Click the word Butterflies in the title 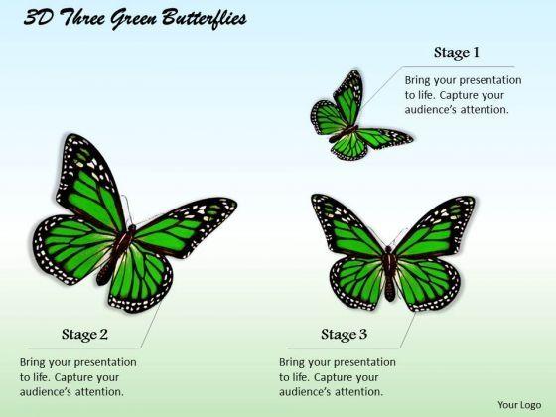[x=204, y=19]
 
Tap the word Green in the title [x=134, y=19]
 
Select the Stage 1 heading [x=457, y=53]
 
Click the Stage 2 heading [x=84, y=335]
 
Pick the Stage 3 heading [x=344, y=335]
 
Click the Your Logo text [x=519, y=405]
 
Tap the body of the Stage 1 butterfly [x=344, y=133]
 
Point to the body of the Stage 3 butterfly [x=389, y=273]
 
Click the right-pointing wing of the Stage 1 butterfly [x=385, y=138]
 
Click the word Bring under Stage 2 [x=32, y=363]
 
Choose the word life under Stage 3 [x=301, y=377]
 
